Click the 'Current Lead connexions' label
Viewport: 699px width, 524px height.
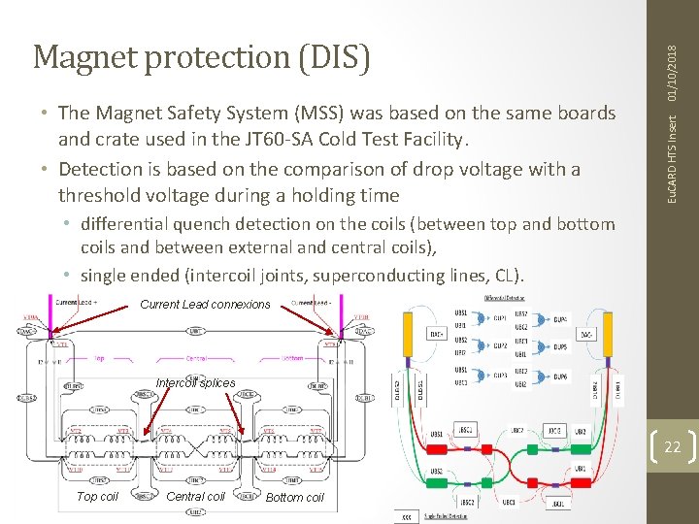[205, 304]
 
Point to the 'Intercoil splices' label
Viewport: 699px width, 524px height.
[195, 382]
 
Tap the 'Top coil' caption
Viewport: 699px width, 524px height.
[97, 496]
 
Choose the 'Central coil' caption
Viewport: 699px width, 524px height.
[195, 496]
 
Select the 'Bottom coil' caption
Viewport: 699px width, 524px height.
[294, 497]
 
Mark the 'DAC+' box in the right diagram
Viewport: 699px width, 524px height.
[436, 333]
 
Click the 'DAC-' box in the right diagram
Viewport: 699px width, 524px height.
[586, 333]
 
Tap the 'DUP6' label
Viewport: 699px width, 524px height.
[561, 376]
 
